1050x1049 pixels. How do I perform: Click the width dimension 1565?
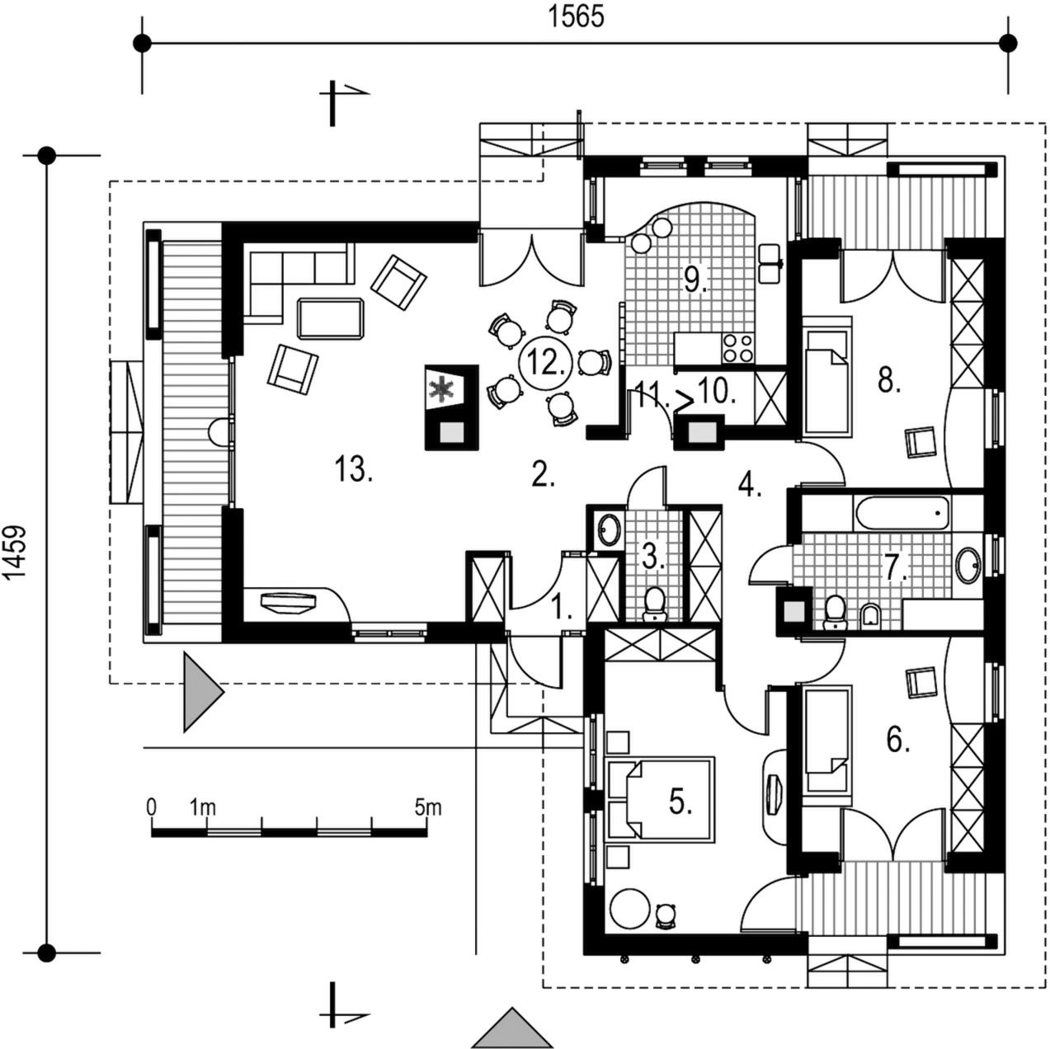tap(577, 16)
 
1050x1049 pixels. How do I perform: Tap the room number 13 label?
tap(355, 469)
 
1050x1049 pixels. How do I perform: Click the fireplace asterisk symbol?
tap(445, 388)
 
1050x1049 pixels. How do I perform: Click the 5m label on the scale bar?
tap(428, 807)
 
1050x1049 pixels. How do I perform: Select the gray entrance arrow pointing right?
tap(200, 692)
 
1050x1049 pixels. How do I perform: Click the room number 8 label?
tap(888, 382)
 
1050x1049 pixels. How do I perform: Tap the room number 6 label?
tap(898, 741)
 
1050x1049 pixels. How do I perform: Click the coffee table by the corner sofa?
tap(330, 318)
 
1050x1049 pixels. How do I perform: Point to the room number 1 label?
tap(562, 609)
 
